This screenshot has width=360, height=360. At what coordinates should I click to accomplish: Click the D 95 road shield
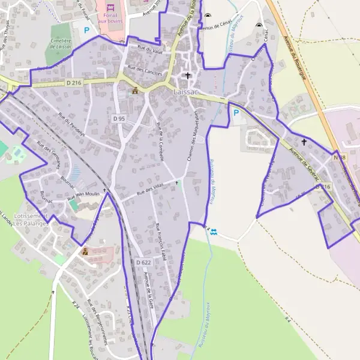pos(119,119)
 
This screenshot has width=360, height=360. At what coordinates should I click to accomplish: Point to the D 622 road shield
pos(143,262)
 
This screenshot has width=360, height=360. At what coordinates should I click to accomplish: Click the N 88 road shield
pos(340,157)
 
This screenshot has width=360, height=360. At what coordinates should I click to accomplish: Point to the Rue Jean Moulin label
pos(83,195)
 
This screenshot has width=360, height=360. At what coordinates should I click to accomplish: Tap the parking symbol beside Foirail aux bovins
pos(86,29)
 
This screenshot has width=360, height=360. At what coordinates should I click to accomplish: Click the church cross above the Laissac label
pos(188,76)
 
